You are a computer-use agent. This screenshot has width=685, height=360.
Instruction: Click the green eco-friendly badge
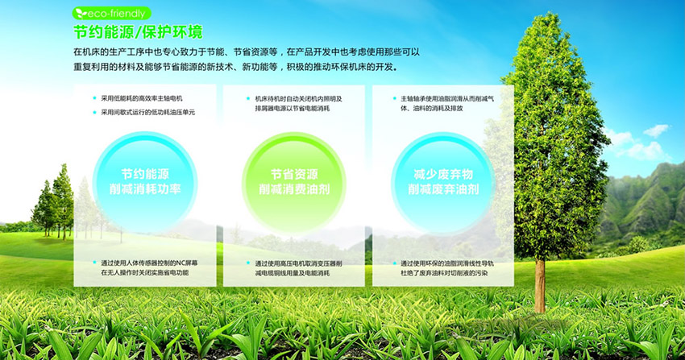pos(111,14)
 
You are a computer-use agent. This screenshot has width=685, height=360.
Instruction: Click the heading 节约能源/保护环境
pos(138,32)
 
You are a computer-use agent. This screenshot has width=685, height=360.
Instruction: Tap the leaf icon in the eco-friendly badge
pos(81,14)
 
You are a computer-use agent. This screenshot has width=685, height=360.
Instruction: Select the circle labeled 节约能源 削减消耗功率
pos(145,182)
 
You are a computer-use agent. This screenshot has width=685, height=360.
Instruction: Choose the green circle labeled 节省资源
pos(294,182)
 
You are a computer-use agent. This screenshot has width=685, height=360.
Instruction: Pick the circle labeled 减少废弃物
pos(443,182)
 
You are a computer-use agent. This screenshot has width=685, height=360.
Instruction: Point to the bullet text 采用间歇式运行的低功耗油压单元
pos(148,112)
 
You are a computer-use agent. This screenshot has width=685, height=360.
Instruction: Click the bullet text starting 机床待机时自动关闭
pos(299,103)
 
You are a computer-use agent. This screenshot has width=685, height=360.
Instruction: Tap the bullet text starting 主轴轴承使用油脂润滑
pos(447,103)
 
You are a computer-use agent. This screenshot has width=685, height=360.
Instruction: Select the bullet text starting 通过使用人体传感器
pos(149,268)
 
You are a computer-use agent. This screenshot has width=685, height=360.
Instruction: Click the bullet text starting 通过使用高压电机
pos(299,268)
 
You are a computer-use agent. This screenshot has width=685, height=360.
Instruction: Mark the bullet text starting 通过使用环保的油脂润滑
pos(447,268)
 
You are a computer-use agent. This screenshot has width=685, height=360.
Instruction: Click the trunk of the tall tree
pos(541,286)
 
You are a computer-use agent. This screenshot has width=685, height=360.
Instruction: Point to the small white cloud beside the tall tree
pos(656,130)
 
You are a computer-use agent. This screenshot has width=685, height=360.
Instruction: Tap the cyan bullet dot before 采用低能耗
pos(95,98)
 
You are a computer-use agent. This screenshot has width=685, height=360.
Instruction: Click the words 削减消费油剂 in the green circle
pos(294,189)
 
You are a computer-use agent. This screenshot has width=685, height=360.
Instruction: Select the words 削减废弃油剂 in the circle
pos(443,189)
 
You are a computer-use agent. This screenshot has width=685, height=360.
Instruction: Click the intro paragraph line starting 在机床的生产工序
pos(247,52)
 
